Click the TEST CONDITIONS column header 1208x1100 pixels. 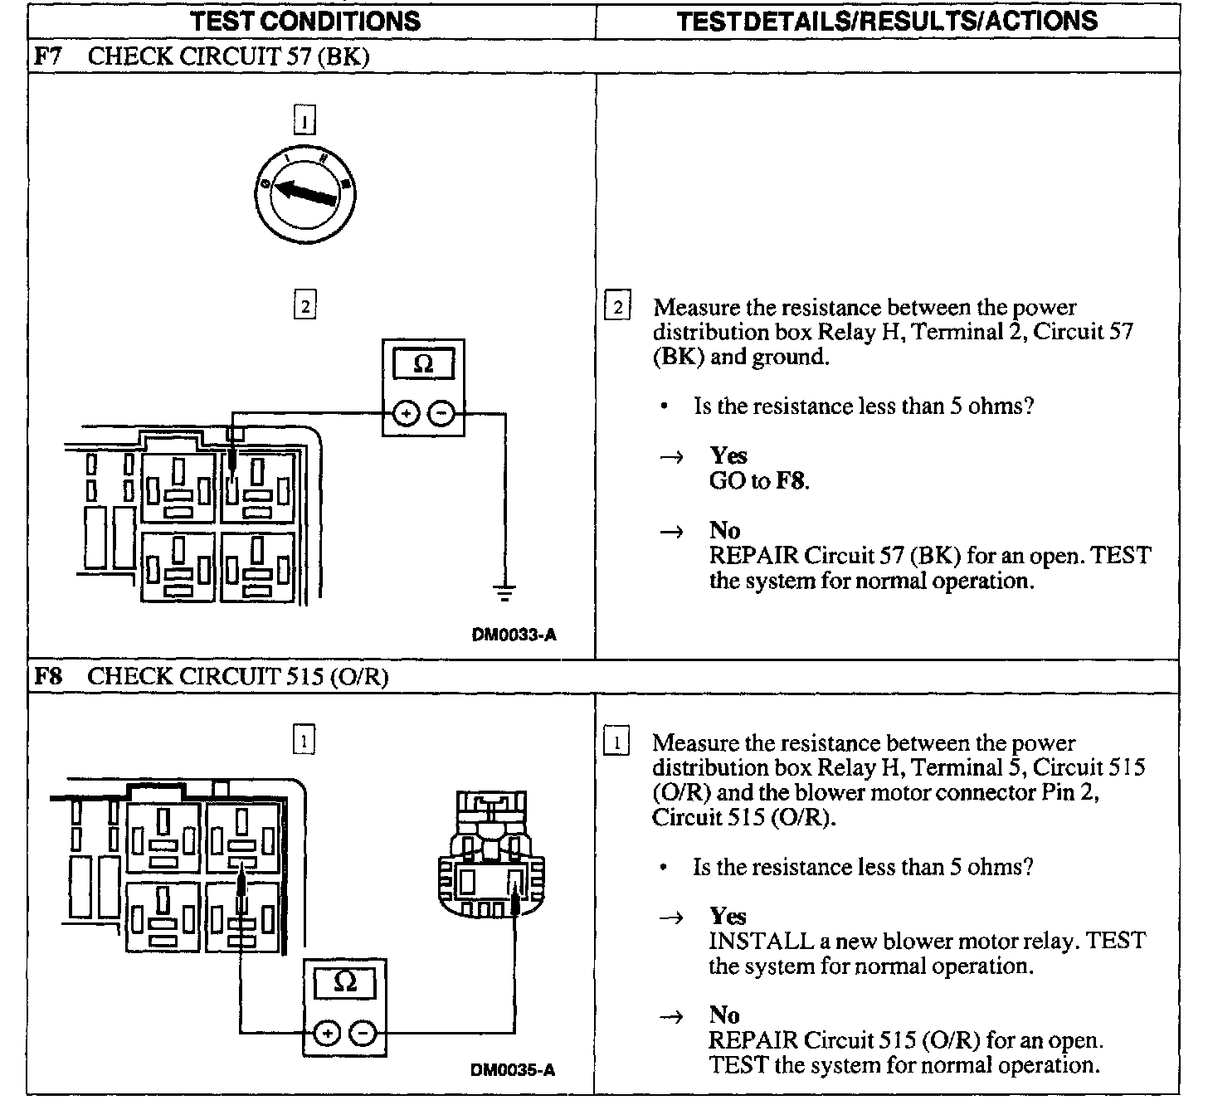click(x=305, y=21)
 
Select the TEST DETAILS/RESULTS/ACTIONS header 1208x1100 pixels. click(x=887, y=21)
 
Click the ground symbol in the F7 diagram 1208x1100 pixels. click(x=504, y=592)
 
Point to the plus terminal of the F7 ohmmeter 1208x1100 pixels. click(x=406, y=412)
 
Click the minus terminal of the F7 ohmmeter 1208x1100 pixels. click(x=442, y=412)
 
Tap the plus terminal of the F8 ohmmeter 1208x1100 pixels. click(x=327, y=1033)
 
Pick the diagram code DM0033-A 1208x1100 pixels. click(x=514, y=635)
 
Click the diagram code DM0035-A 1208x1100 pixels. click(x=513, y=1069)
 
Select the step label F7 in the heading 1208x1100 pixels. click(x=47, y=56)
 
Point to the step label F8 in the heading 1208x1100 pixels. click(x=47, y=676)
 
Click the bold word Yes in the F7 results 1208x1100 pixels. click(x=728, y=455)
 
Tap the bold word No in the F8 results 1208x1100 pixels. click(x=723, y=1015)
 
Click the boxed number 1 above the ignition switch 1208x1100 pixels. click(x=304, y=123)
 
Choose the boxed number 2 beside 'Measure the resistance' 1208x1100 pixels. click(x=616, y=308)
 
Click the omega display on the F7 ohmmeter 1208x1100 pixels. click(x=423, y=365)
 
